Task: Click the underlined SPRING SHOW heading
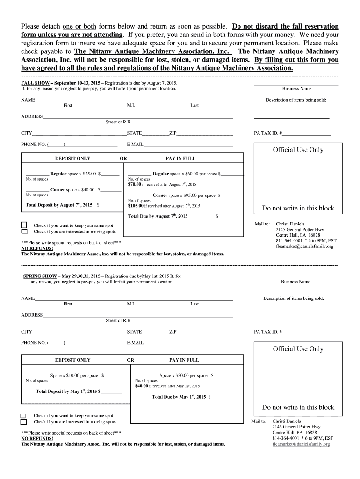[x=40, y=276]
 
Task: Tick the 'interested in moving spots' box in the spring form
[x=23, y=422]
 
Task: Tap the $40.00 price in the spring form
[x=142, y=386]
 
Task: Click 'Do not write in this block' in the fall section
[x=298, y=208]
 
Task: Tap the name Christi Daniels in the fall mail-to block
[x=290, y=224]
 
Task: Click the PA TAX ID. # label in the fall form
[x=267, y=133]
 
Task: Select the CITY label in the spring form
[x=26, y=332]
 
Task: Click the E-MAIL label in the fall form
[x=135, y=144]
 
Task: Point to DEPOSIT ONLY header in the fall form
[x=72, y=158]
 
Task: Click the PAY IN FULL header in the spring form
[x=184, y=360]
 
